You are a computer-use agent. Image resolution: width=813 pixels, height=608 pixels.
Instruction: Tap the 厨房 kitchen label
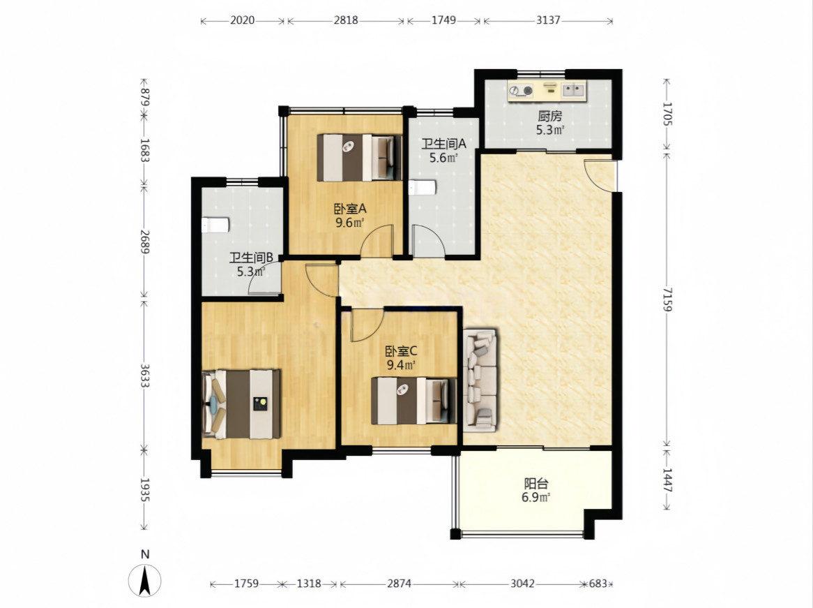pyautogui.click(x=549, y=117)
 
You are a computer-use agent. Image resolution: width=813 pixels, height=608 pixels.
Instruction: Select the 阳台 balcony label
pyautogui.click(x=535, y=484)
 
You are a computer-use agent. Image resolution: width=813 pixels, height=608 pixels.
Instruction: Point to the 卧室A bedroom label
pyautogui.click(x=349, y=209)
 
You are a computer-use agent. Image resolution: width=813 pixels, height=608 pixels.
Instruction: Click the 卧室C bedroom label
pyautogui.click(x=401, y=352)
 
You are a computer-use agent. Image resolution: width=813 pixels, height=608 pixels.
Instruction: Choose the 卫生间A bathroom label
pyautogui.click(x=443, y=144)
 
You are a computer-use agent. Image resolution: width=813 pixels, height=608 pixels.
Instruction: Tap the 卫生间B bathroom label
pyautogui.click(x=251, y=258)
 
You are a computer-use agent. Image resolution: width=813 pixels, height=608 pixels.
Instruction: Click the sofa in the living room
pyautogui.click(x=480, y=380)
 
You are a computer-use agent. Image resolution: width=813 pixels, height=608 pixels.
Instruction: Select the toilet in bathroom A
pyautogui.click(x=422, y=188)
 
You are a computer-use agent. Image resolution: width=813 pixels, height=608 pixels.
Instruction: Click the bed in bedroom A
pyautogui.click(x=359, y=158)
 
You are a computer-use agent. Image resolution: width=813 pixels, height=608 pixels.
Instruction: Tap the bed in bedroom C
pyautogui.click(x=413, y=401)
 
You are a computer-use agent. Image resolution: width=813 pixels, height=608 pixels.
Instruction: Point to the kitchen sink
pyautogui.click(x=573, y=90)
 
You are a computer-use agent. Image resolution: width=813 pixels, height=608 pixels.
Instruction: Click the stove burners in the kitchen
pyautogui.click(x=521, y=91)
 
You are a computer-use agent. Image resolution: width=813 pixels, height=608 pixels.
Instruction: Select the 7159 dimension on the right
pyautogui.click(x=667, y=299)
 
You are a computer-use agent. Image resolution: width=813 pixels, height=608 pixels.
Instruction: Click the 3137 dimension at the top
pyautogui.click(x=548, y=20)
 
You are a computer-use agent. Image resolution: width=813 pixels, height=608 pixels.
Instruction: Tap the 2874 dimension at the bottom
pyautogui.click(x=400, y=584)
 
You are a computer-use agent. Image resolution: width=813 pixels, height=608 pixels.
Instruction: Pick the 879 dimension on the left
pyautogui.click(x=144, y=97)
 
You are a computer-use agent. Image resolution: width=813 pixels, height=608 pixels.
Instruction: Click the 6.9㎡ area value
pyautogui.click(x=535, y=498)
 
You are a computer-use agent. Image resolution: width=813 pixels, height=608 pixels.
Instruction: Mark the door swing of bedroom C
pyautogui.click(x=367, y=325)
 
